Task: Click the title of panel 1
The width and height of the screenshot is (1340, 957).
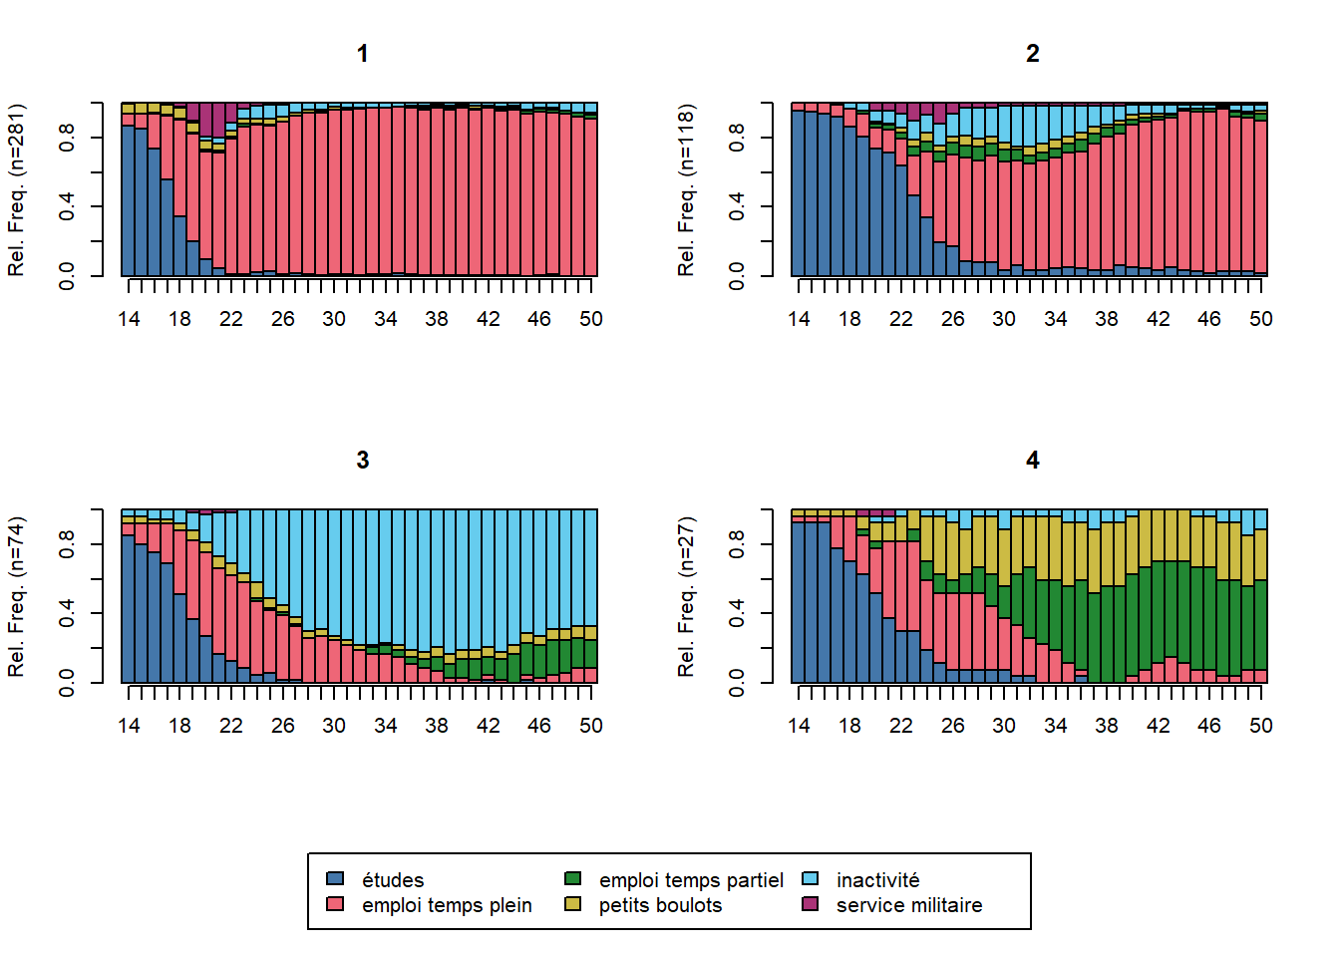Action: pyautogui.click(x=363, y=54)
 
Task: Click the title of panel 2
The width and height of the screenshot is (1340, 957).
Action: pyautogui.click(x=1033, y=54)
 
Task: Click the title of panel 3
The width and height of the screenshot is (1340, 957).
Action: pyautogui.click(x=363, y=461)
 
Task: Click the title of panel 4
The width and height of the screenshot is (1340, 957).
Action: pyautogui.click(x=1033, y=461)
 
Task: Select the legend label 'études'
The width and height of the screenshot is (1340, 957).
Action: pyautogui.click(x=393, y=880)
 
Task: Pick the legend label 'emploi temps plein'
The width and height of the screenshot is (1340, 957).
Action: pyautogui.click(x=447, y=905)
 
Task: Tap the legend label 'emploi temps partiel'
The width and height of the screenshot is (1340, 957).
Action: pyautogui.click(x=691, y=880)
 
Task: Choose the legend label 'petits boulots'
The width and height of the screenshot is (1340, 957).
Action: pyautogui.click(x=660, y=905)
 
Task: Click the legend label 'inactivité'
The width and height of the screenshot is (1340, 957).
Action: pyautogui.click(x=877, y=880)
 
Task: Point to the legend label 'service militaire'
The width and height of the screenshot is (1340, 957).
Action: pyautogui.click(x=909, y=905)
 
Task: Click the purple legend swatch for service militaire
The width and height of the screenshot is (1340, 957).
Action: pyautogui.click(x=811, y=904)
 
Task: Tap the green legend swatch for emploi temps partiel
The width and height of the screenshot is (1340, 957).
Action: pyautogui.click(x=573, y=878)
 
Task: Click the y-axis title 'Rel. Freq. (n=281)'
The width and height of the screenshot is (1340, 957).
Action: pyautogui.click(x=17, y=189)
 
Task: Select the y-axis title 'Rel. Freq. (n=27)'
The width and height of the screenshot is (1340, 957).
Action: pyautogui.click(x=687, y=596)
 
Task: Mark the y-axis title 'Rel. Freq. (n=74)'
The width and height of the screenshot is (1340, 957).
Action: pyautogui.click(x=17, y=596)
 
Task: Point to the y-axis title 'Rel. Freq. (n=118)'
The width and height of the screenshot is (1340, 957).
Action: pyautogui.click(x=687, y=189)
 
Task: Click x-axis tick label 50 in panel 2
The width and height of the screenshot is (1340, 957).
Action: pyautogui.click(x=1261, y=319)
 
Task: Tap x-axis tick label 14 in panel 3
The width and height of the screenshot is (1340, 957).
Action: pyautogui.click(x=129, y=726)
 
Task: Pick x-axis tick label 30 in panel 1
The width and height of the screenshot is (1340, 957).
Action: pyautogui.click(x=334, y=319)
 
